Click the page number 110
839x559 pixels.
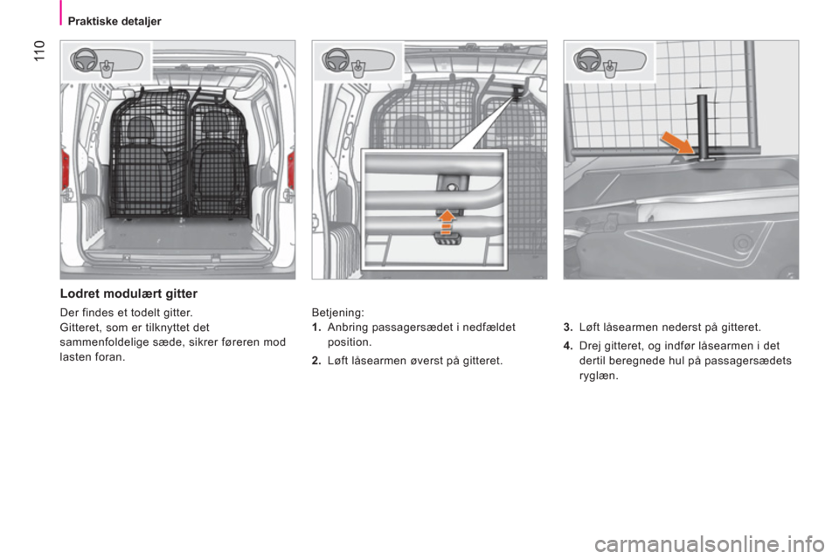click(x=40, y=51)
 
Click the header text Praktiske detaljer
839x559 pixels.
click(x=114, y=21)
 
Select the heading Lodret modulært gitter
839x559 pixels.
click(x=129, y=293)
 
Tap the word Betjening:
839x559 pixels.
click(x=337, y=313)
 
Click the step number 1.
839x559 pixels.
click(x=316, y=327)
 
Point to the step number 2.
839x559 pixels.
click(x=316, y=361)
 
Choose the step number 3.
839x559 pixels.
click(x=568, y=327)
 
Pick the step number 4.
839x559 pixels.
click(x=568, y=346)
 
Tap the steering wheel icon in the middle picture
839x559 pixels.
click(x=336, y=59)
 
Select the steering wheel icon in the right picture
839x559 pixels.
click(x=586, y=59)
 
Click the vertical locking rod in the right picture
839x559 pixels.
click(x=702, y=128)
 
